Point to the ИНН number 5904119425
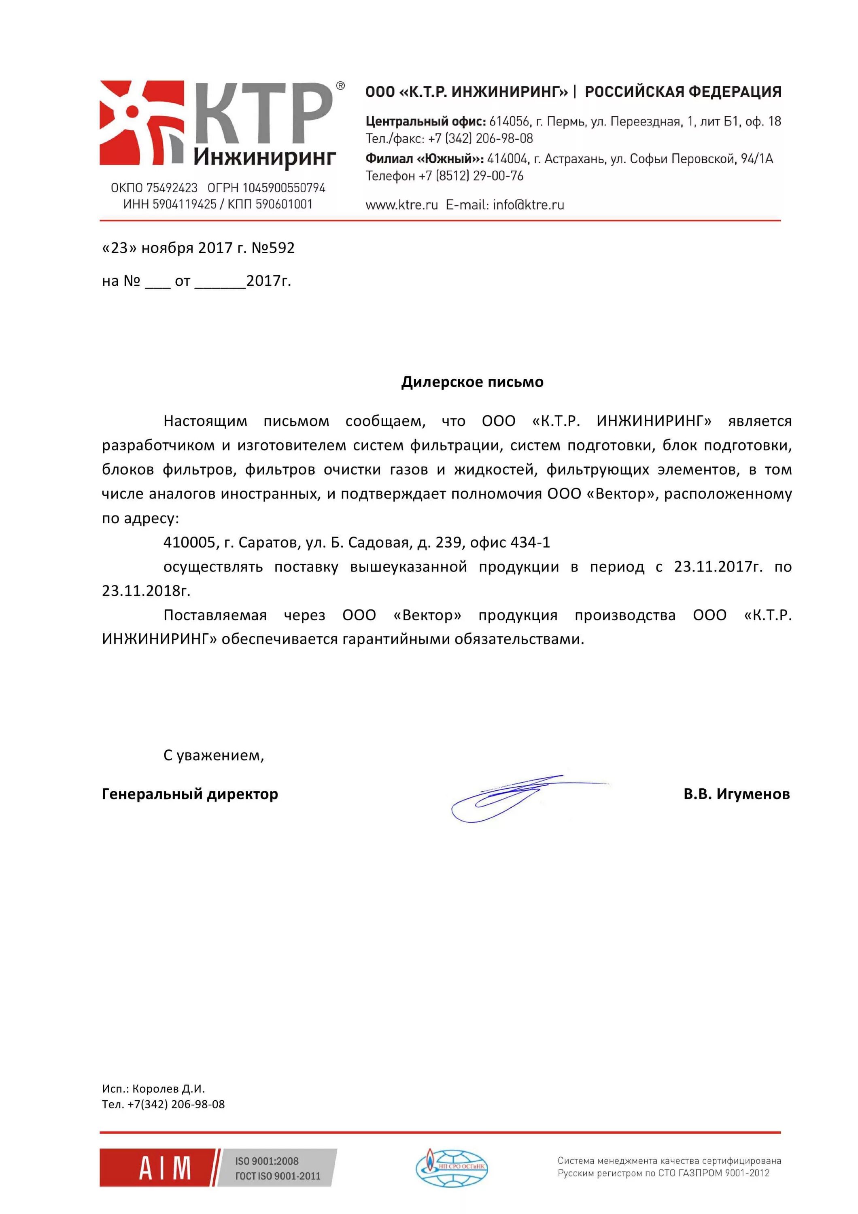click(185, 204)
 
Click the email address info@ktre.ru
click(528, 205)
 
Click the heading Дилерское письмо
click(472, 382)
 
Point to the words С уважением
click(214, 755)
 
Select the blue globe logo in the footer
click(451, 1167)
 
